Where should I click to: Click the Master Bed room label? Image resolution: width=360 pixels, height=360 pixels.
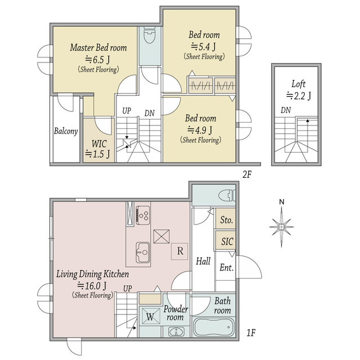(98, 47)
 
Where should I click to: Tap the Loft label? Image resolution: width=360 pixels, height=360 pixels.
(298, 84)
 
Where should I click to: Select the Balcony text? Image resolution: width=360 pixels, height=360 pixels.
(66, 131)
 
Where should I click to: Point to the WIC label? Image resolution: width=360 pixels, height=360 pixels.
(99, 144)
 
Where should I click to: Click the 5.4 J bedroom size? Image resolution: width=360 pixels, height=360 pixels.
(204, 47)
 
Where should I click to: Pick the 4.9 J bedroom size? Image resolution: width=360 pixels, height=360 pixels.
(200, 130)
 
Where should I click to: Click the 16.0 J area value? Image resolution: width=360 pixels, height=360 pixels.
(92, 286)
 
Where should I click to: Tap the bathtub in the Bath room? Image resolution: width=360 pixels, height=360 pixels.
(214, 327)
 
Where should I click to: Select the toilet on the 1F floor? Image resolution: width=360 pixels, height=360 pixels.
(227, 196)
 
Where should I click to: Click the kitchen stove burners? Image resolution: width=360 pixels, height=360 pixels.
(143, 215)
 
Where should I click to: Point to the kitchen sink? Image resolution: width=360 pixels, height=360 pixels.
(143, 253)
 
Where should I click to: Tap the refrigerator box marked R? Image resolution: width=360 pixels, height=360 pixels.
(179, 251)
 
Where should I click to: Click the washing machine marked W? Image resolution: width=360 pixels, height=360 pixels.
(150, 316)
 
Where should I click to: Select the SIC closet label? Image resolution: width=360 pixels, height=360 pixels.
(227, 241)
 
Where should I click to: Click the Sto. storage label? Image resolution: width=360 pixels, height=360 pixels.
(227, 220)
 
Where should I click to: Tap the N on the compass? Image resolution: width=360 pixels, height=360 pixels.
(282, 202)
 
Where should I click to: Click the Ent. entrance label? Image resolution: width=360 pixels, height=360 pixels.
(226, 268)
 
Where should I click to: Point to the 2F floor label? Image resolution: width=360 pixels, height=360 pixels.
(247, 175)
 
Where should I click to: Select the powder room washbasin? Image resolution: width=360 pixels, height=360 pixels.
(176, 332)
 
